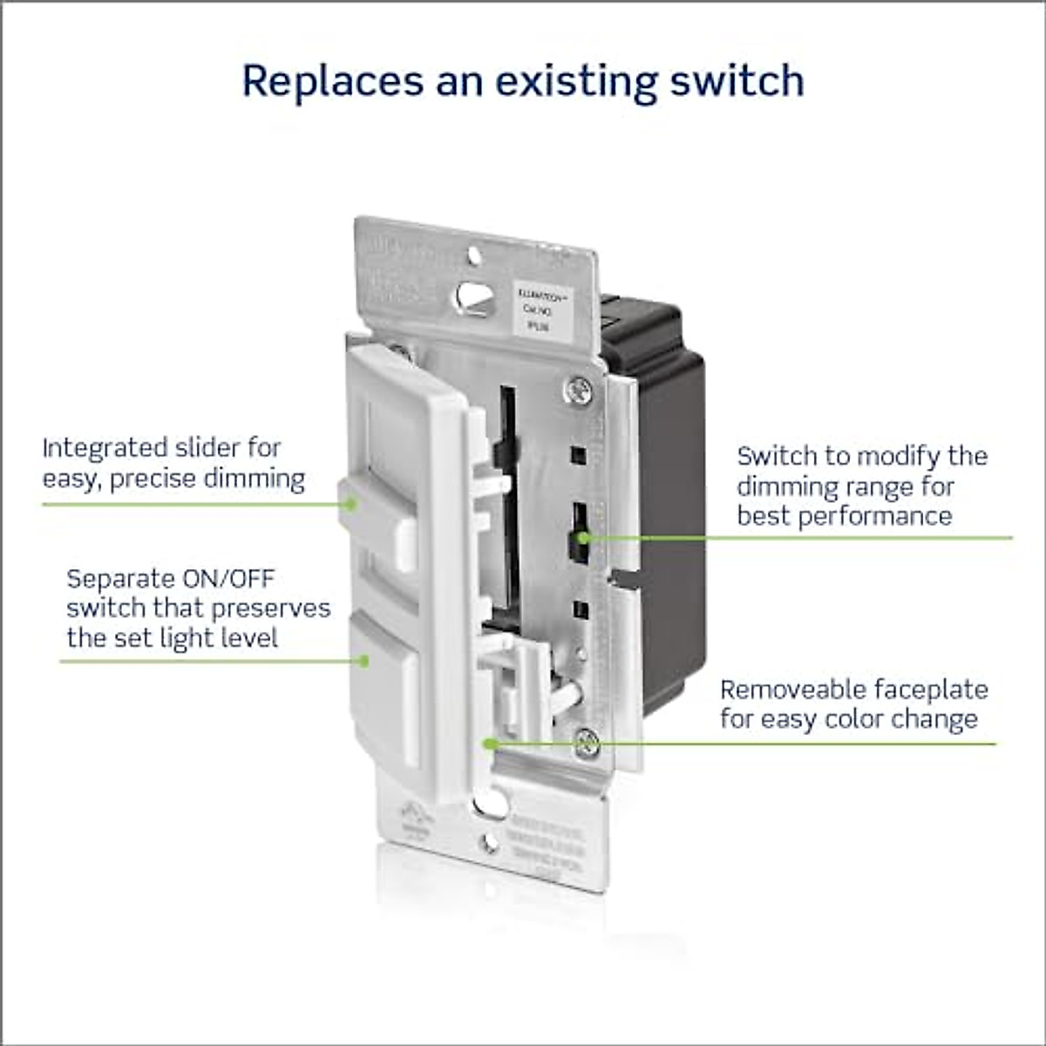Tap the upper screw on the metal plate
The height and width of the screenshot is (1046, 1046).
point(577,390)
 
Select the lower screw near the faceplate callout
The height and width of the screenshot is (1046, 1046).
point(587,744)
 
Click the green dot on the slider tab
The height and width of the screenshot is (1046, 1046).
point(350,504)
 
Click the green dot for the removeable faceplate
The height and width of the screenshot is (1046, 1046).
point(490,744)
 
